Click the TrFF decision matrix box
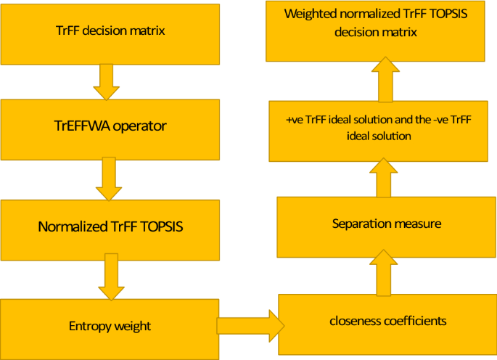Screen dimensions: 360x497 tap(110, 33)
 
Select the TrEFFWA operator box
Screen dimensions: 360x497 tap(110, 126)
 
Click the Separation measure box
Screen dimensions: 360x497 tap(387, 224)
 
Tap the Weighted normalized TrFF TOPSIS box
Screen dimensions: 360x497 tap(376, 33)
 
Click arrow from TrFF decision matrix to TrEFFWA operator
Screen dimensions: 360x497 tap(107, 81)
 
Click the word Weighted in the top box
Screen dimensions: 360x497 tap(310, 15)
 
